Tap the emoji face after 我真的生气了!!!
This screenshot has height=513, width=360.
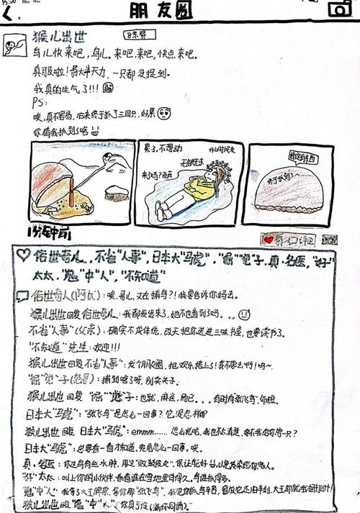[108, 88]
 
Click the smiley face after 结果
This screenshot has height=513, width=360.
[164, 113]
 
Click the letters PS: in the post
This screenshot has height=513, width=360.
[40, 101]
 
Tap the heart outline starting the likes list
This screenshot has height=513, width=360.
[23, 255]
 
